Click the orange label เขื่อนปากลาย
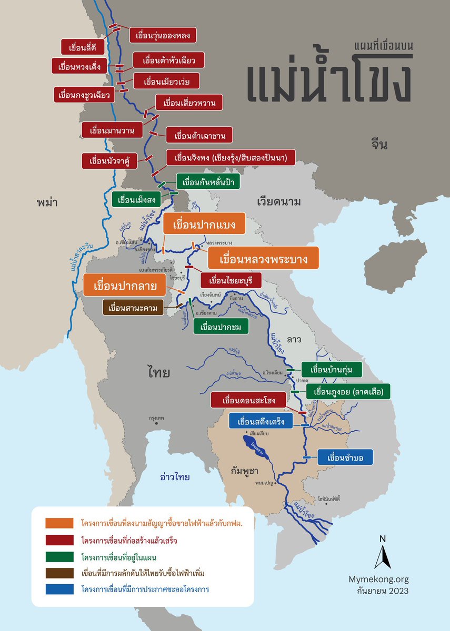(x=125, y=286)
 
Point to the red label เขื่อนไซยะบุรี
(x=232, y=279)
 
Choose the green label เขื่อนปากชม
(x=221, y=327)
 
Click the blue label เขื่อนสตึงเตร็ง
(x=261, y=421)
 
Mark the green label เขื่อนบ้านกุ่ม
(x=332, y=370)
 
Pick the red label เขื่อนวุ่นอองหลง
(x=163, y=36)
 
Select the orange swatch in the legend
(x=59, y=523)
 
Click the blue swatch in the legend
(x=59, y=589)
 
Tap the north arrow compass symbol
(x=383, y=552)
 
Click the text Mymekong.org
(x=378, y=579)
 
